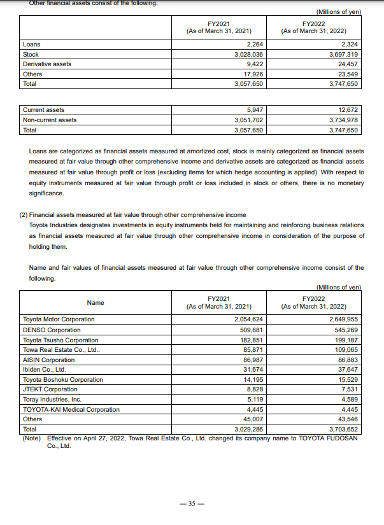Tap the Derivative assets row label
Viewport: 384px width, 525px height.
pyautogui.click(x=47, y=64)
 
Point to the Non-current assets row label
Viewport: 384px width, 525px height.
pyautogui.click(x=50, y=120)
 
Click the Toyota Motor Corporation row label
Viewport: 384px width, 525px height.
pyautogui.click(x=59, y=319)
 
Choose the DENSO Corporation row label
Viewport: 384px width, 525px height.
pyautogui.click(x=52, y=330)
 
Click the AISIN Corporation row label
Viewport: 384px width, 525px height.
pyautogui.click(x=49, y=360)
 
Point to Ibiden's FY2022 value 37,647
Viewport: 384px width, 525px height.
pyautogui.click(x=347, y=369)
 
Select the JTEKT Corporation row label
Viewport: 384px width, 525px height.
pyautogui.click(x=50, y=389)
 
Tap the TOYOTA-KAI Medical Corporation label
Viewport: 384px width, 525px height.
pyautogui.click(x=71, y=409)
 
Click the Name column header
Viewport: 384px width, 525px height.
pyautogui.click(x=96, y=302)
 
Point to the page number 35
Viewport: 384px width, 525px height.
pyautogui.click(x=192, y=503)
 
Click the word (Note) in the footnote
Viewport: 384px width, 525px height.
pyautogui.click(x=33, y=438)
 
